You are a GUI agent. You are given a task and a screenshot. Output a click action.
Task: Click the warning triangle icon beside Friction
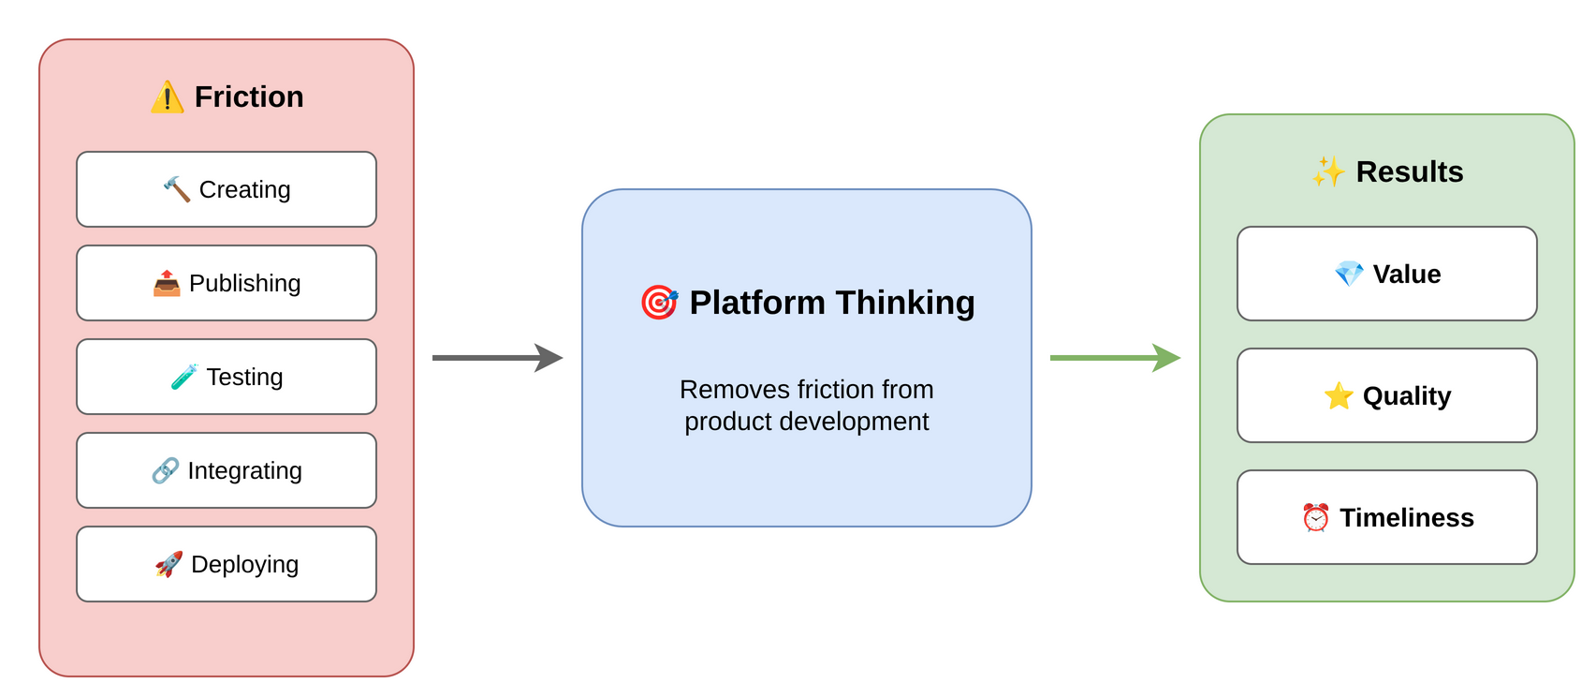[x=167, y=97]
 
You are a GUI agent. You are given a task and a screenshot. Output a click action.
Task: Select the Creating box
[x=227, y=189]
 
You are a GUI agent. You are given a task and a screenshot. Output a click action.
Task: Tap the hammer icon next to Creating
[x=176, y=189]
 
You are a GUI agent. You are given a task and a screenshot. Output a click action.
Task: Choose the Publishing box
[x=227, y=283]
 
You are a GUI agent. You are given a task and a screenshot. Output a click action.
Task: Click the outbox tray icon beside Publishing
[x=167, y=283]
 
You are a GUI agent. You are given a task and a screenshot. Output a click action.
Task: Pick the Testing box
[x=227, y=377]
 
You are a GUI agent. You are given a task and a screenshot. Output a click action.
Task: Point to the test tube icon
[x=183, y=377]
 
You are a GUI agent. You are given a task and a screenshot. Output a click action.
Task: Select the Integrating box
[x=227, y=470]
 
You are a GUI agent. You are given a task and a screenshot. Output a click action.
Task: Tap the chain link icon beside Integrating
[x=165, y=470]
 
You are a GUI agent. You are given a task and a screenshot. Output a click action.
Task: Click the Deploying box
[x=227, y=564]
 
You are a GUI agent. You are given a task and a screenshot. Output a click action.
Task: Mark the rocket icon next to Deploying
[x=168, y=564]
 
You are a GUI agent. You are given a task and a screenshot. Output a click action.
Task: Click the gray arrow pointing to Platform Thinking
[x=497, y=358]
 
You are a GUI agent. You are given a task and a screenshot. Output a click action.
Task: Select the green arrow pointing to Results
[x=1115, y=358]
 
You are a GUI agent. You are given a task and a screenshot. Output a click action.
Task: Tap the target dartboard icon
[x=659, y=303]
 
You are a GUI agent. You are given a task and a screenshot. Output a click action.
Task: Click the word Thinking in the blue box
[x=905, y=303]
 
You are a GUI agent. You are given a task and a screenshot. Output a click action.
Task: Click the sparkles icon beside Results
[x=1327, y=171]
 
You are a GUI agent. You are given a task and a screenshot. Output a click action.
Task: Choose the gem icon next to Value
[x=1349, y=274]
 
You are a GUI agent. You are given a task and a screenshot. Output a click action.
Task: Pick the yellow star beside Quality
[x=1339, y=395]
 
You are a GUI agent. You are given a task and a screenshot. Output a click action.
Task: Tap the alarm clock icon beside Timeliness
[x=1316, y=517]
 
